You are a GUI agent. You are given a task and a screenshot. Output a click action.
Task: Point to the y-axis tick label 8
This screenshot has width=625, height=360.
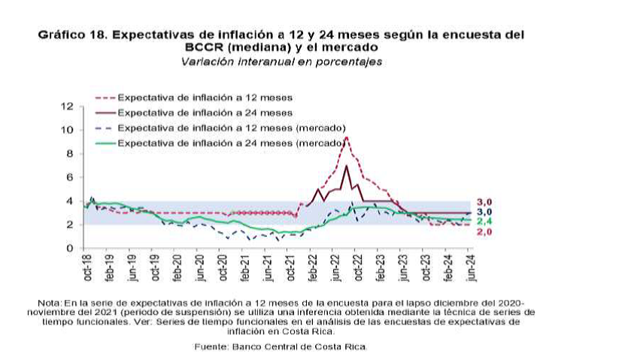pos(68,154)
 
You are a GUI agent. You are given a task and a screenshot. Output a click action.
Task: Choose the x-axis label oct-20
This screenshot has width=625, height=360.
pos(223,268)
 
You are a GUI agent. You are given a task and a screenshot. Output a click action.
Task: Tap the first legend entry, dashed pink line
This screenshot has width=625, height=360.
pos(205,98)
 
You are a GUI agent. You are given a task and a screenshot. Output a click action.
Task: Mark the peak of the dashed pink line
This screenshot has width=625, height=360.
pos(347,138)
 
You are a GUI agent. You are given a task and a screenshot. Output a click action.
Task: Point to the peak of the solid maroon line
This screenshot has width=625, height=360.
pos(346,165)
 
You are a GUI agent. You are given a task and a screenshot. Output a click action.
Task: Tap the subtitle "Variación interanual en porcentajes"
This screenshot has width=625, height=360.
pos(281,62)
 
